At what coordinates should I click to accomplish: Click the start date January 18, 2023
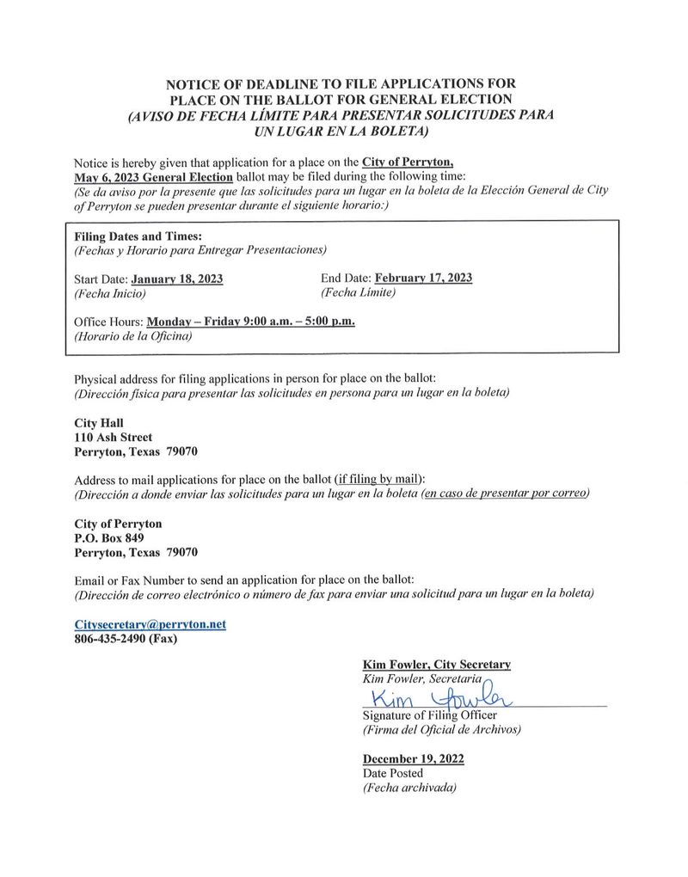tap(176, 279)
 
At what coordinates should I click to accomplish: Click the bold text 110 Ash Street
tap(114, 438)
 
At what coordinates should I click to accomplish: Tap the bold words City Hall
tap(99, 423)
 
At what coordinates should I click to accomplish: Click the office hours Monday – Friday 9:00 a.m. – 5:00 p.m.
tap(251, 322)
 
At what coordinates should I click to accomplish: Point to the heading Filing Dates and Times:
tap(138, 236)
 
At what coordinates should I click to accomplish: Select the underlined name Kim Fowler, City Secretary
tap(437, 665)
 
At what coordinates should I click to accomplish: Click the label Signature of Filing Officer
tap(429, 715)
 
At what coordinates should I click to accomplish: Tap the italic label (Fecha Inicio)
tap(110, 293)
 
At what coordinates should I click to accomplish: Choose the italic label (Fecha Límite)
tap(358, 292)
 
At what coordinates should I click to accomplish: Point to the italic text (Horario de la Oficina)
tap(133, 336)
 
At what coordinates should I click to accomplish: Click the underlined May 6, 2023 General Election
tap(153, 176)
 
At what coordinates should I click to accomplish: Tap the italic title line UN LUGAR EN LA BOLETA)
tap(341, 131)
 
